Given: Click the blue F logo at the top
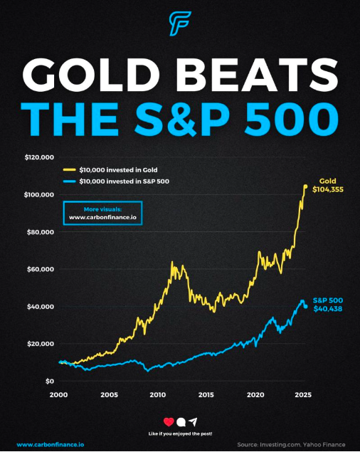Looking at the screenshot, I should point(180,23).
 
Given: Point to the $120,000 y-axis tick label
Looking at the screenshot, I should point(39,157).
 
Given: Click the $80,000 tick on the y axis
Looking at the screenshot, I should point(41,232).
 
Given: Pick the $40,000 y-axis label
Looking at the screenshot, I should point(41,307).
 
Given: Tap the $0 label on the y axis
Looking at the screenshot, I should point(48,382).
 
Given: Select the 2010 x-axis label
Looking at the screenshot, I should point(158,395).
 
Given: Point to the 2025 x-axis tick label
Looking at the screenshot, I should point(303,395).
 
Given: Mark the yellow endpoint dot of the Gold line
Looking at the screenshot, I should point(305,186).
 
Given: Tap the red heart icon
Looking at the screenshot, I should point(168,421).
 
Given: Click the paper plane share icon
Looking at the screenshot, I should point(192,421).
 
